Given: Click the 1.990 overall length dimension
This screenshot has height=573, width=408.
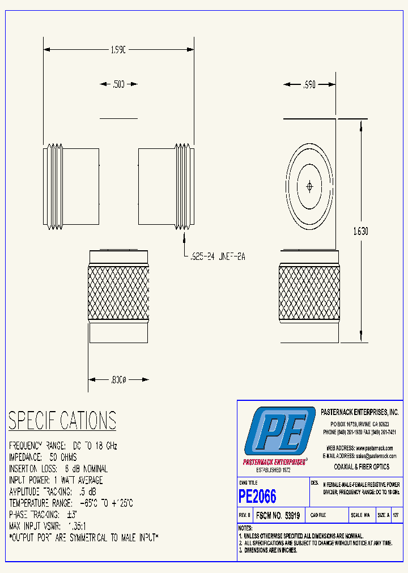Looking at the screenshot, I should [x=118, y=50].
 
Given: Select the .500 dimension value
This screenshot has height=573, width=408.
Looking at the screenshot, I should [x=118, y=84].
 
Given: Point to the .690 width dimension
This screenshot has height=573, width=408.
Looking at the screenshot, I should [x=309, y=84].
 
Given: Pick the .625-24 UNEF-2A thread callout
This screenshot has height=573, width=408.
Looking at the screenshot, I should [x=217, y=256].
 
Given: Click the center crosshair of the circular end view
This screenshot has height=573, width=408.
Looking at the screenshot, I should [x=309, y=186].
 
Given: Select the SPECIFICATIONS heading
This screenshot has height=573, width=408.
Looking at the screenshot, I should [x=62, y=421].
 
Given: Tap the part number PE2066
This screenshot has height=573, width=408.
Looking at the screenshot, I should [x=258, y=497].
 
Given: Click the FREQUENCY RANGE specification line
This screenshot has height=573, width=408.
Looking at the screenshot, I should [x=63, y=446].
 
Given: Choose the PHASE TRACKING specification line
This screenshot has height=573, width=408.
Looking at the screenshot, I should [x=43, y=515].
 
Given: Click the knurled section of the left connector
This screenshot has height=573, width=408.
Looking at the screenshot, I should [x=118, y=293].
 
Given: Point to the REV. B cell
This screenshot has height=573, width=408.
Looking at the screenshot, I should [x=245, y=516].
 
